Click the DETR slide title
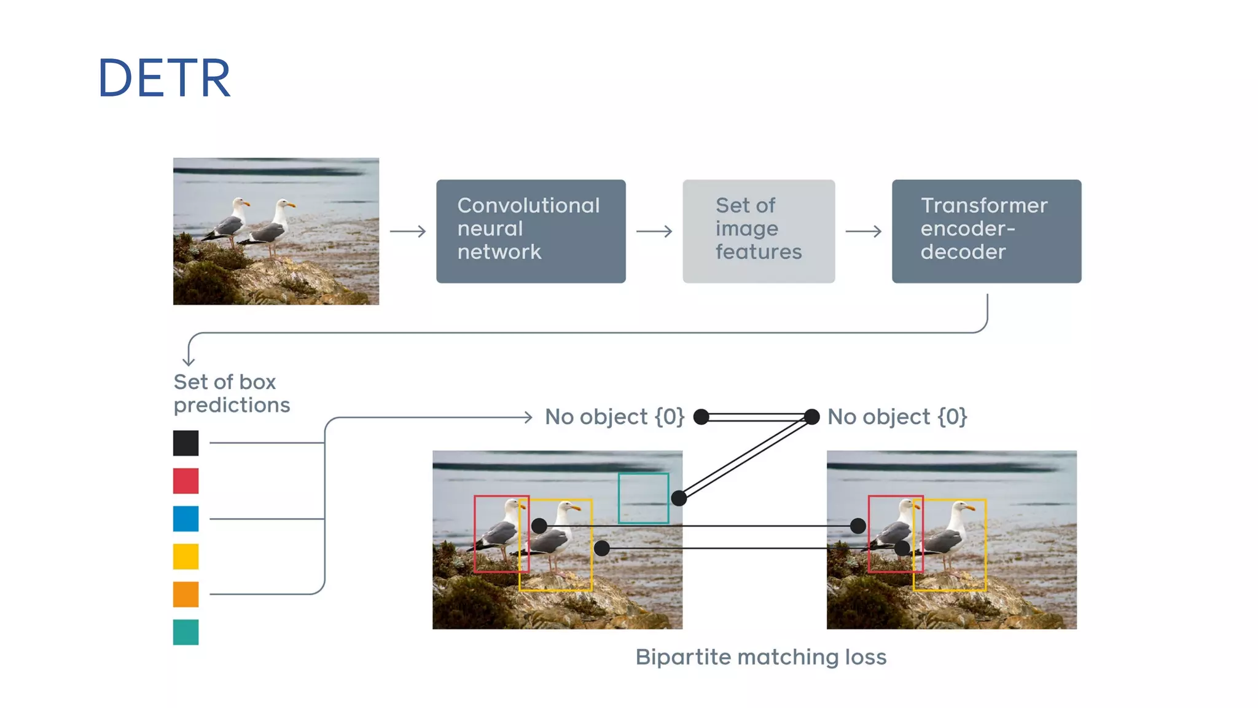tap(164, 78)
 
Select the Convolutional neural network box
tap(531, 231)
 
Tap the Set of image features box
tap(759, 231)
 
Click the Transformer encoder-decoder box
tap(986, 231)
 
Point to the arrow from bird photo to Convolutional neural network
tap(408, 231)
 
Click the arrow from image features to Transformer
tap(864, 231)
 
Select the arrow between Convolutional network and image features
tap(654, 231)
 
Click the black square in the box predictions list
tap(186, 443)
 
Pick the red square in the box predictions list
tap(186, 481)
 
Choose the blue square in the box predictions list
tap(186, 519)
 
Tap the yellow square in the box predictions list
tap(186, 557)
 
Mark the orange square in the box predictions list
tap(186, 594)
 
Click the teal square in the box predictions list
tap(186, 632)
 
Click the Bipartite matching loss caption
tap(761, 657)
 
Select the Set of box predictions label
tap(232, 393)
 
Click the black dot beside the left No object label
tap(701, 417)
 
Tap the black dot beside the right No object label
tap(811, 417)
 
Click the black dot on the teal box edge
tap(679, 498)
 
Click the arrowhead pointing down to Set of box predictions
tap(189, 363)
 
